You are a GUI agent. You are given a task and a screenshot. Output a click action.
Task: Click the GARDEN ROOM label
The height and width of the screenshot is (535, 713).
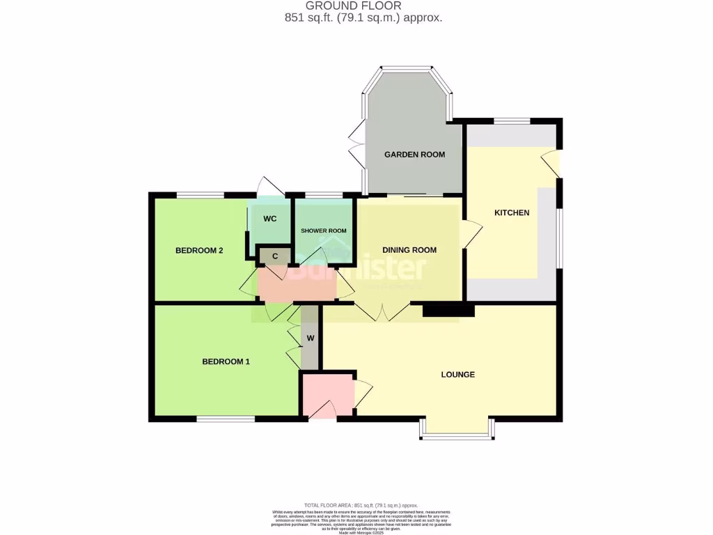pyautogui.click(x=414, y=155)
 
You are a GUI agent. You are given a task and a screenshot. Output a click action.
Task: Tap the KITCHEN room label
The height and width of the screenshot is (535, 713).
pyautogui.click(x=512, y=212)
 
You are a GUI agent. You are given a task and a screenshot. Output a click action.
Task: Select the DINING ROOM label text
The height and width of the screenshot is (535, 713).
pyautogui.click(x=409, y=250)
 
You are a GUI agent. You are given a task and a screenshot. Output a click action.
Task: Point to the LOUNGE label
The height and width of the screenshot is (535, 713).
pyautogui.click(x=457, y=375)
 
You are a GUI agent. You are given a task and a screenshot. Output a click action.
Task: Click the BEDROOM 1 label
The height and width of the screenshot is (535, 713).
pyautogui.click(x=226, y=362)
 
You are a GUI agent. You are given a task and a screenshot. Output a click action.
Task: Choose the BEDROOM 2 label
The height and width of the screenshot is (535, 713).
pyautogui.click(x=198, y=251)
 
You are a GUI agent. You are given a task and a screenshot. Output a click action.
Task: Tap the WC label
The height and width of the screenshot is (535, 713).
pyautogui.click(x=270, y=218)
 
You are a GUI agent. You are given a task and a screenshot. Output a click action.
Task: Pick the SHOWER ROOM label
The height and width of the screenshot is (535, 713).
pyautogui.click(x=323, y=231)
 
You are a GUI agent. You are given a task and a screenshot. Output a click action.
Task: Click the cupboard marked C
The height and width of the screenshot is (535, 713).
pyautogui.click(x=275, y=256)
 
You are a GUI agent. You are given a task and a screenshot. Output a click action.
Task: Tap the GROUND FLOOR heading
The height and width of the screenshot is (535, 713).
pyautogui.click(x=363, y=6)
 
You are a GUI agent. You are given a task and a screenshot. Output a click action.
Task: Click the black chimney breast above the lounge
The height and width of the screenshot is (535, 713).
pyautogui.click(x=448, y=310)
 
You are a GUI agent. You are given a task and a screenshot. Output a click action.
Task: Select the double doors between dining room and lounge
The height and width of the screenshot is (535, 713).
pyautogui.click(x=382, y=311)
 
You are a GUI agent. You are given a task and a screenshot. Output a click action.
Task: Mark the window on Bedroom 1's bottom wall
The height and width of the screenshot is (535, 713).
pyautogui.click(x=225, y=419)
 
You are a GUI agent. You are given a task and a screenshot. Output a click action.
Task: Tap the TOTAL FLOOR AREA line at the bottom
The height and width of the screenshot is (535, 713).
pyautogui.click(x=361, y=505)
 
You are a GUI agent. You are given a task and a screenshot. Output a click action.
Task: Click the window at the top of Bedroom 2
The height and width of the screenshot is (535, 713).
pyautogui.click(x=199, y=194)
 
